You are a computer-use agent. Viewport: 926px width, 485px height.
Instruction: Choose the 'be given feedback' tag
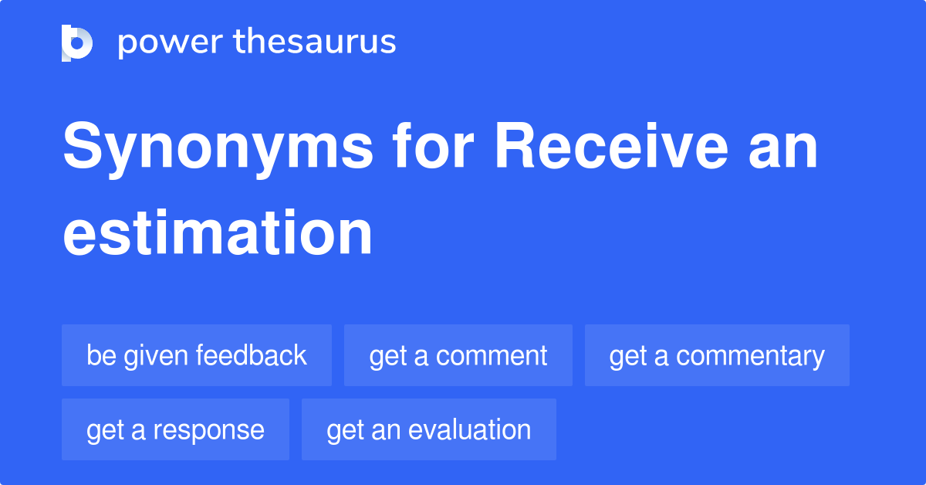(197, 355)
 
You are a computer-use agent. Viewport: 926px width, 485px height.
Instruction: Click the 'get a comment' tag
(458, 355)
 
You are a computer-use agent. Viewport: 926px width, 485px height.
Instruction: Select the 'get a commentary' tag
(717, 355)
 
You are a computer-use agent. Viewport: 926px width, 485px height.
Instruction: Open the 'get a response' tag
(175, 429)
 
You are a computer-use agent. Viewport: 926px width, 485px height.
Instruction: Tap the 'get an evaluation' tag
(428, 429)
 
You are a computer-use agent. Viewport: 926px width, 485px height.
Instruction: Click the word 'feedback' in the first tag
(252, 355)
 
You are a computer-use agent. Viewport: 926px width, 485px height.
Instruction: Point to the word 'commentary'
(750, 355)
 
